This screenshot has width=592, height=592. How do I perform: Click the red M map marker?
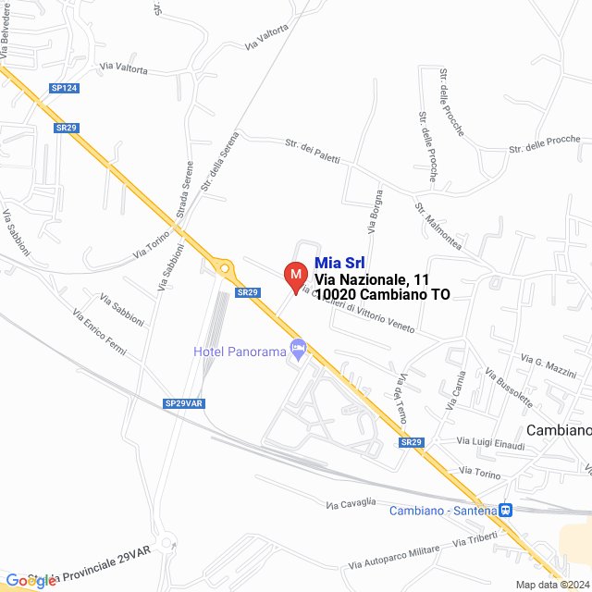click(294, 277)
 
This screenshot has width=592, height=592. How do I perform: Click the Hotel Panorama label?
click(240, 351)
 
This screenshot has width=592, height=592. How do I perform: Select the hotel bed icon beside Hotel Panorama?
click(298, 349)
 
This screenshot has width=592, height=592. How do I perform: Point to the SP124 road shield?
click(64, 88)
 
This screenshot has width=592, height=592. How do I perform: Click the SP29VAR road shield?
click(183, 403)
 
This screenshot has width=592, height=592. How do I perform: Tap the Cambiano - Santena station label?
click(442, 511)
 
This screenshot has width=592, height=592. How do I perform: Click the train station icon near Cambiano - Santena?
click(505, 510)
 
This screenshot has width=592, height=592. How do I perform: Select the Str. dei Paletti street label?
click(313, 153)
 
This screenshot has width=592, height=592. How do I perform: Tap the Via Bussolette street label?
click(509, 387)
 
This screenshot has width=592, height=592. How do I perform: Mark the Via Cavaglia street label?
click(351, 502)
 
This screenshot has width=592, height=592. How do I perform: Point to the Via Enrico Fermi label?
click(99, 335)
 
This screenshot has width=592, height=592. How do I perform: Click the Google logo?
click(31, 580)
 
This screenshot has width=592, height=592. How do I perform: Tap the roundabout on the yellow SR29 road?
click(224, 268)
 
